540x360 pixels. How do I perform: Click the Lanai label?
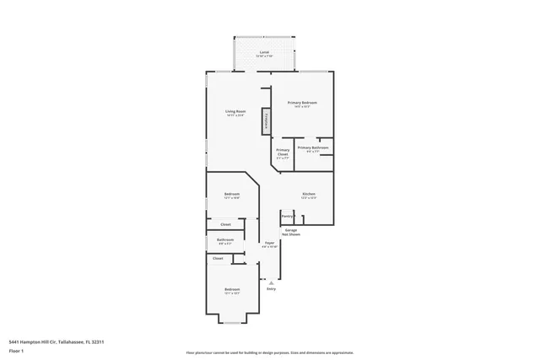click(x=264, y=52)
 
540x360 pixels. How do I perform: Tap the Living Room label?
click(x=235, y=112)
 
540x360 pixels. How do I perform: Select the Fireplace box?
click(x=267, y=121)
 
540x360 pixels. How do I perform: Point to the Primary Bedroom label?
click(x=305, y=102)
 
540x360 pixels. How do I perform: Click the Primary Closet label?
click(x=283, y=153)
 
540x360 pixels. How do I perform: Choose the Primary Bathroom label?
click(x=313, y=148)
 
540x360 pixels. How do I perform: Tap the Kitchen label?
click(x=309, y=194)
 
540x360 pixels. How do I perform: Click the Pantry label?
click(x=287, y=216)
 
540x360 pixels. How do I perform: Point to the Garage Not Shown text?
click(x=291, y=231)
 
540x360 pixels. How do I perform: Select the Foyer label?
click(x=269, y=244)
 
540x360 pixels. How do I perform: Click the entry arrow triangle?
click(x=271, y=282)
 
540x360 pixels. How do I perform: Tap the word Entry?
click(x=272, y=289)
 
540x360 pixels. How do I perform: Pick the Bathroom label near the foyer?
click(x=225, y=240)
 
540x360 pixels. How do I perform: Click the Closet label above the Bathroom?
click(x=225, y=224)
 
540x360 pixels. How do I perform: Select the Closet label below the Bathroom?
click(x=218, y=259)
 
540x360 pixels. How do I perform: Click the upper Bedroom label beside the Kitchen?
click(x=232, y=195)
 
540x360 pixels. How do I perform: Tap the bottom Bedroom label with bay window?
click(x=232, y=291)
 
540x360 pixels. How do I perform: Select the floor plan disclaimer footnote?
click(x=270, y=353)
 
